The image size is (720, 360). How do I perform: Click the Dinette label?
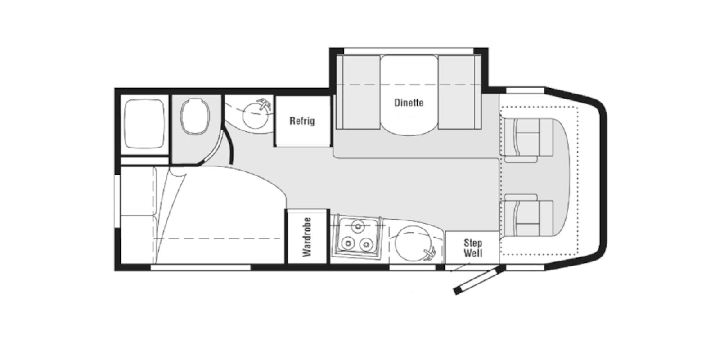point(409,103)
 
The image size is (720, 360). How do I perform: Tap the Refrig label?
point(302,121)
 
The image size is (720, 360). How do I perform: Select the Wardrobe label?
point(307,237)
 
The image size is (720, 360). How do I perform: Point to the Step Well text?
point(473,248)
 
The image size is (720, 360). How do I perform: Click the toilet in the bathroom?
point(195,117)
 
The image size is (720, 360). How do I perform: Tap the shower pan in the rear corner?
point(144,124)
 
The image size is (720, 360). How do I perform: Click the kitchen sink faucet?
point(430,253)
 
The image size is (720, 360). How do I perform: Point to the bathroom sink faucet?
point(265,104)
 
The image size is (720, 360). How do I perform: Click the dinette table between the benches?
point(409,95)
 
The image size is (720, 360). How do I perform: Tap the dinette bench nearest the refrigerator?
point(358,93)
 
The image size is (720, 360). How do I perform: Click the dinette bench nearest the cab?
point(459,93)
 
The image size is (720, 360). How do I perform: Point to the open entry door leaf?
point(477,279)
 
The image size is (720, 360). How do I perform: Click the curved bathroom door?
point(229,145)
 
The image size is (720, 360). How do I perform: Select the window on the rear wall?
point(117,202)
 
